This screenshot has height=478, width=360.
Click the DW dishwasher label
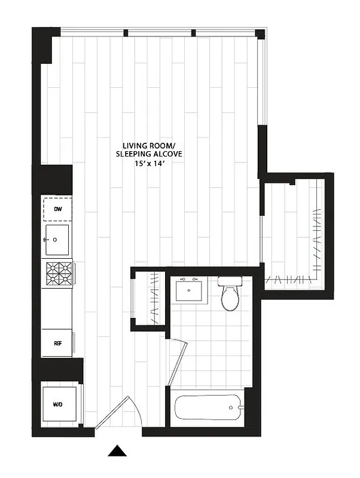click(x=57, y=209)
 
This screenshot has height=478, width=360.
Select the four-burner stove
click(x=59, y=274)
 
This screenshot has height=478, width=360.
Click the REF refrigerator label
click(x=58, y=343)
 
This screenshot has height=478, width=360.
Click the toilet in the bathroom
click(x=230, y=296)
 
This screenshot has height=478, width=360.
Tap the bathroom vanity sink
click(x=191, y=291)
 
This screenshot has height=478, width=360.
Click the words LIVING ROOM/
click(x=149, y=145)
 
